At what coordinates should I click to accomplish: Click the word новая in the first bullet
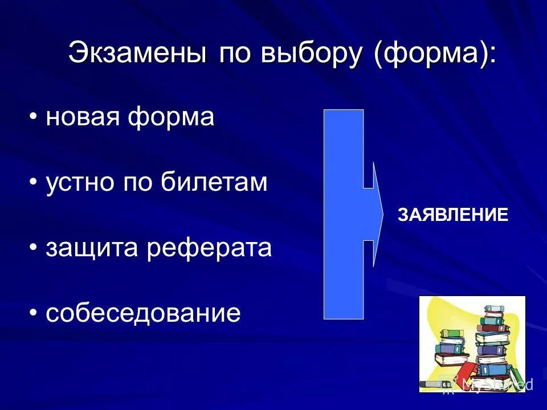point(82,118)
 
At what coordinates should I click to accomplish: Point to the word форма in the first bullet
point(170,118)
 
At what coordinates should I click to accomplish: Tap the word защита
point(92,248)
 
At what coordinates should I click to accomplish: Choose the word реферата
point(209,248)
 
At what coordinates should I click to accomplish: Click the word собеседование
point(143,314)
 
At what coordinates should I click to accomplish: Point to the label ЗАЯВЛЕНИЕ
point(452,215)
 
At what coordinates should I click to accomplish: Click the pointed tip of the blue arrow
point(383,214)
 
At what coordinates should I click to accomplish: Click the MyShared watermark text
point(497,384)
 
